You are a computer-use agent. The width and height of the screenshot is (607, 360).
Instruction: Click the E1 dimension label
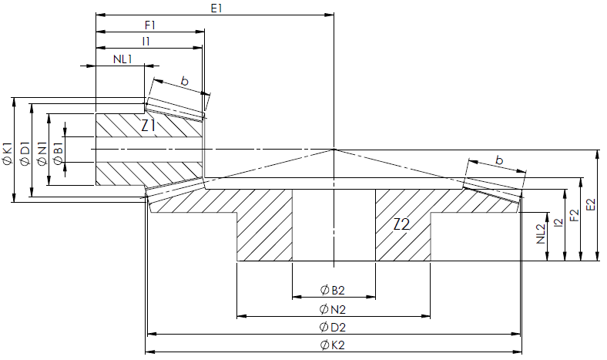216,8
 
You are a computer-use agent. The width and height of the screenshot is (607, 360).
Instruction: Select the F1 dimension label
149,25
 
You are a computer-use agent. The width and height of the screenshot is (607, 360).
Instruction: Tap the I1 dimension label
146,42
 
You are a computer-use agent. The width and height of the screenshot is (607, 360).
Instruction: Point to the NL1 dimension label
122,59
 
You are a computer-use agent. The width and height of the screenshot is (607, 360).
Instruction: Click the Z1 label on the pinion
148,126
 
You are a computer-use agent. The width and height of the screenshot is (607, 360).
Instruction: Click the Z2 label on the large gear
401,224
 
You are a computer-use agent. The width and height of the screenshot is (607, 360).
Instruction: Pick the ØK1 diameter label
8,154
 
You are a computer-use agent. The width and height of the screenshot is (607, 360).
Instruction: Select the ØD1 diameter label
25,154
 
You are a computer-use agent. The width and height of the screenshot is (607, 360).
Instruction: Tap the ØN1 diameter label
42,154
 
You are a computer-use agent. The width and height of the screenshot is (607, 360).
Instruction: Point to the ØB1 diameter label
59,154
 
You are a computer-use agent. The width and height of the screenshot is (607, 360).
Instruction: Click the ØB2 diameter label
332,290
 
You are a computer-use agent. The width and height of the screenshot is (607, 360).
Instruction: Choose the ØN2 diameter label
332,309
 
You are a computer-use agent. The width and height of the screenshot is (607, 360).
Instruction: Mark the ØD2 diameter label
332,327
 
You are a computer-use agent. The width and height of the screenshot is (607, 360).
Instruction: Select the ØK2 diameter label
332,345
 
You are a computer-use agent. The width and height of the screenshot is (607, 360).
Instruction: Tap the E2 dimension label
590,205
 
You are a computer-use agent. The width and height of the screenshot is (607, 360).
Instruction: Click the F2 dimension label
575,215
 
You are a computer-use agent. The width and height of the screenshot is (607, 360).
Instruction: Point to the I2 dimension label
558,223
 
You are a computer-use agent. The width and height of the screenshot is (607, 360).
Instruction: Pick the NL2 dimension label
541,234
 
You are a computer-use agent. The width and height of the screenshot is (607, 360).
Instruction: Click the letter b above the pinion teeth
185,81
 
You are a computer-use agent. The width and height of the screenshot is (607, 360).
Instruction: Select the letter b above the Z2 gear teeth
499,160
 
